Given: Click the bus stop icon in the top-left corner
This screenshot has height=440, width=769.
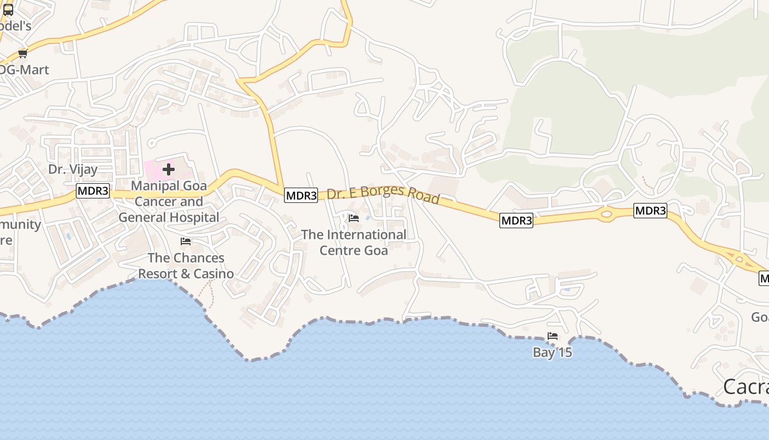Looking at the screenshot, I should [x=8, y=9].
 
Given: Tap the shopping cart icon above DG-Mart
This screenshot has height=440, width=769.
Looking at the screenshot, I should [x=23, y=53].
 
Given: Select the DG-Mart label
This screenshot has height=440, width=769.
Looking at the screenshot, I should [x=24, y=70].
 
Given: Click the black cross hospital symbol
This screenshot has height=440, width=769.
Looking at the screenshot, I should [x=169, y=169].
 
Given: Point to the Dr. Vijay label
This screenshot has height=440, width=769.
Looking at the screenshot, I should [x=73, y=169].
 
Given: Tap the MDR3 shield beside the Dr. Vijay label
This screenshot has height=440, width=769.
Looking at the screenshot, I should [x=93, y=191].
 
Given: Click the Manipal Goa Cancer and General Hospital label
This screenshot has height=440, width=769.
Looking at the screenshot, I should [x=169, y=201].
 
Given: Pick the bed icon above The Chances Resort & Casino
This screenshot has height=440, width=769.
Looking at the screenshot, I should [x=186, y=241].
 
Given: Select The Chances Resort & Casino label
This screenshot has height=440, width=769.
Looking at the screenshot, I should [x=186, y=266].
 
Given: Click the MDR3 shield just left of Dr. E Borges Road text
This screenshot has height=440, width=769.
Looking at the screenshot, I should [x=301, y=195].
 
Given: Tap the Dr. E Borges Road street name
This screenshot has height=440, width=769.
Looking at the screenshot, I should [x=383, y=195].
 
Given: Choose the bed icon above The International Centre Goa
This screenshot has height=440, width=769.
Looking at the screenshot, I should [x=354, y=218].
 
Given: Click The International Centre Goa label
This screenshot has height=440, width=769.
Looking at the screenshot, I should [x=354, y=243].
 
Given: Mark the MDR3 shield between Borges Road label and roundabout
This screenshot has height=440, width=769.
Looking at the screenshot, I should [x=516, y=221].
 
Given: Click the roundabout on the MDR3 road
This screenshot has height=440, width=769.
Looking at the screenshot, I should [x=606, y=215].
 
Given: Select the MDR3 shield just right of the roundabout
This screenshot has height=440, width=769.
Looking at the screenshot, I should [x=650, y=211].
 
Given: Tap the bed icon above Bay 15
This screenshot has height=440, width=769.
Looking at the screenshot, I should [x=553, y=336].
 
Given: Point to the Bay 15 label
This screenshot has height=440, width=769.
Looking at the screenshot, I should [x=553, y=353].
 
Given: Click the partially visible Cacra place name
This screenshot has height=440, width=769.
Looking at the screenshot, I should [x=746, y=387].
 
